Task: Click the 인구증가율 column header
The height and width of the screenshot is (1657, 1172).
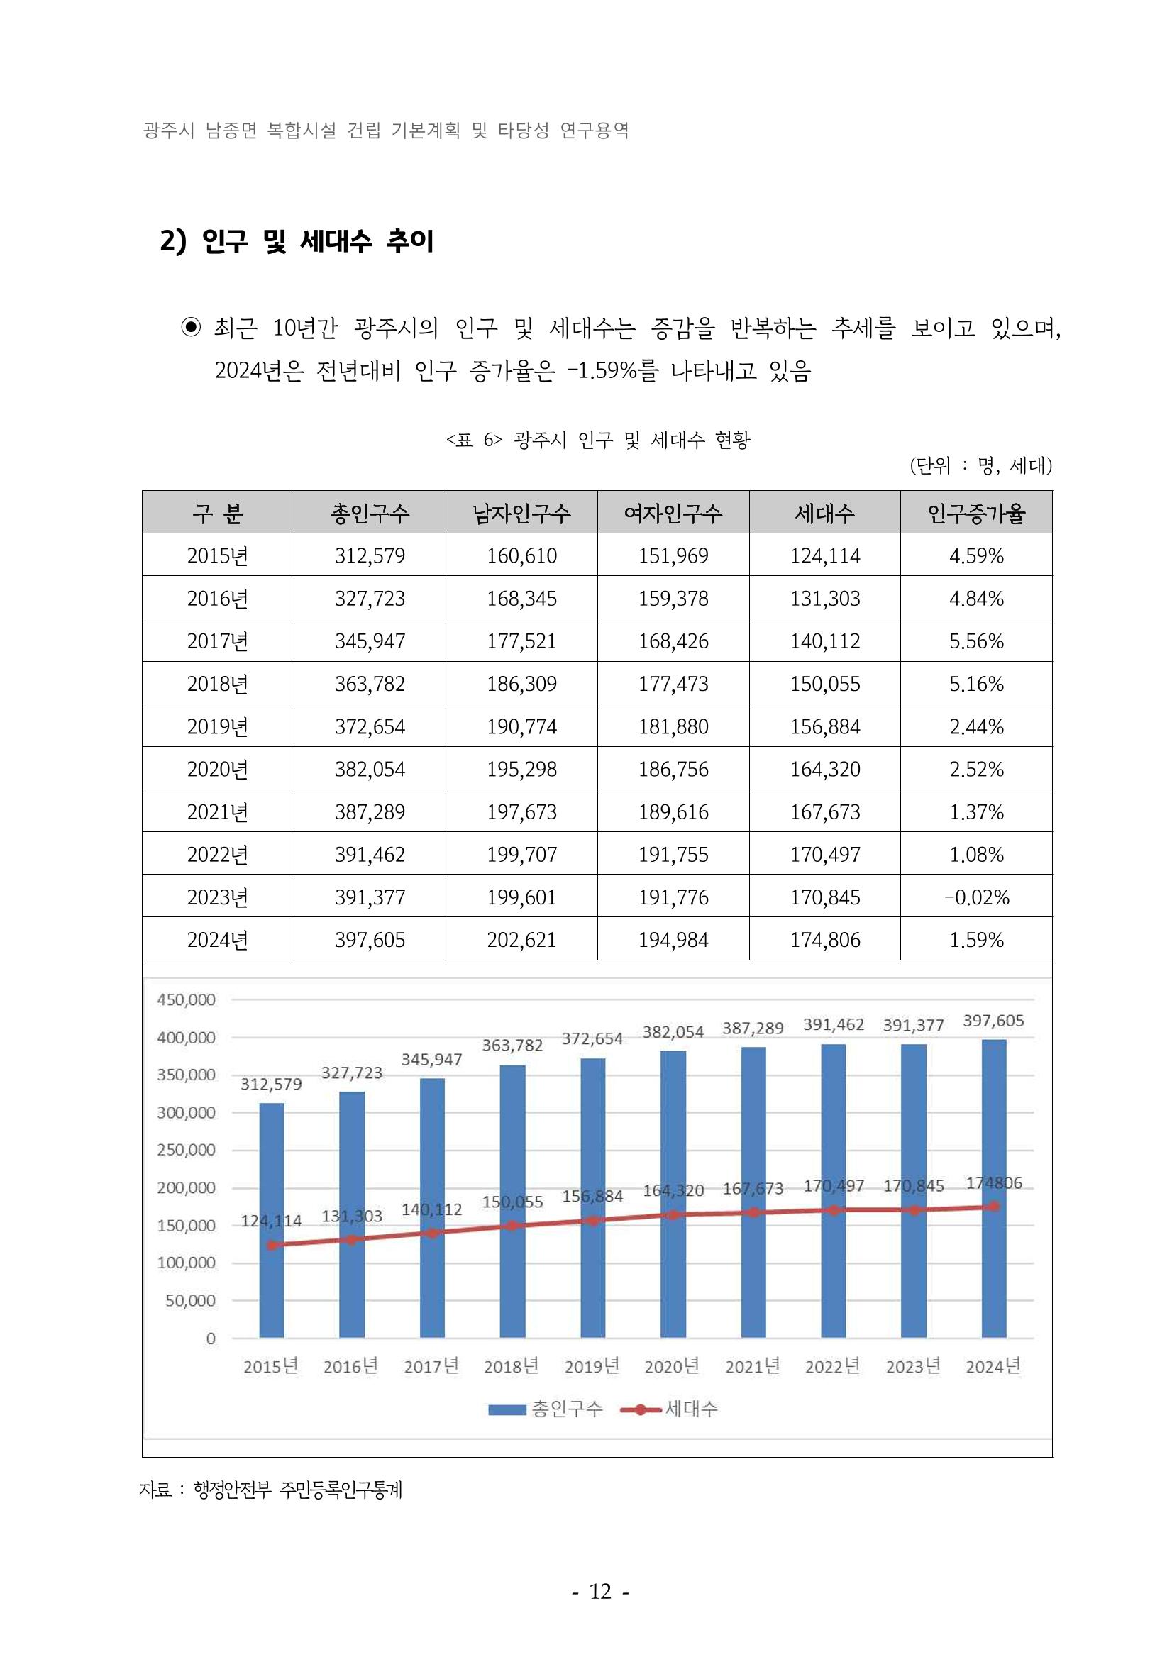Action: point(975,513)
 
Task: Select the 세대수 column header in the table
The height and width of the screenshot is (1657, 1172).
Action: point(824,513)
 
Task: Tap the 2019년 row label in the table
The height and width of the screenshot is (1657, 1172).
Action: point(217,726)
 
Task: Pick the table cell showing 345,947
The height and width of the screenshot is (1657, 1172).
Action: point(370,641)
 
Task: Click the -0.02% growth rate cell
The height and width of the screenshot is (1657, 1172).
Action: point(975,897)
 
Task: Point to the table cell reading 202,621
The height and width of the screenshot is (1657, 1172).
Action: point(521,940)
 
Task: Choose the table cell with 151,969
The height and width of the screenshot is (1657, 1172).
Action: point(673,555)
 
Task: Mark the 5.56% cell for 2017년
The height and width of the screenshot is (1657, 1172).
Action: point(975,641)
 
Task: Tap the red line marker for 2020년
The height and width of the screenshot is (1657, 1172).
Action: point(673,1215)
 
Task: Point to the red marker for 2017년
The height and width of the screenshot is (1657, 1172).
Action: point(432,1233)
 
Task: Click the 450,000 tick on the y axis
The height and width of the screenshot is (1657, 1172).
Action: point(186,1000)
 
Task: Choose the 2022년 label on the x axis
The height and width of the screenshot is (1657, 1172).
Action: point(833,1366)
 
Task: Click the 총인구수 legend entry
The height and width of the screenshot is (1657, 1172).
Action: point(546,1409)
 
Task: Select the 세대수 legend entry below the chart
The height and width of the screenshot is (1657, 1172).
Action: point(670,1409)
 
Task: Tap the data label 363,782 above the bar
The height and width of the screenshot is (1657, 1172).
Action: point(512,1046)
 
